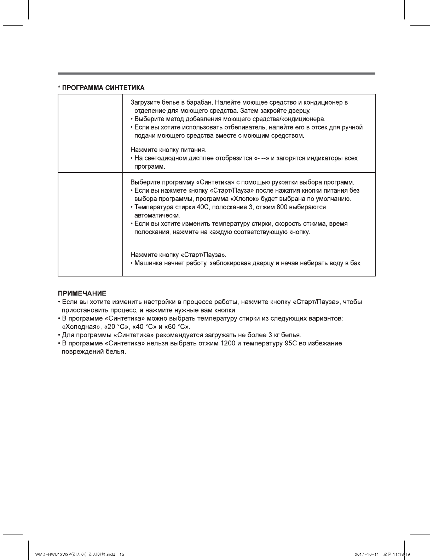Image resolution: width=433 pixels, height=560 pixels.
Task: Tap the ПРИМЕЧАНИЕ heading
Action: tap(82, 293)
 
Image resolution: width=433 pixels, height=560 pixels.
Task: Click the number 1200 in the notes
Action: tap(228, 343)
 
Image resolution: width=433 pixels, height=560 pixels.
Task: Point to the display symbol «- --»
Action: tap(261, 158)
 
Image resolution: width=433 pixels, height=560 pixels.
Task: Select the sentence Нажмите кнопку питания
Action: tap(168, 150)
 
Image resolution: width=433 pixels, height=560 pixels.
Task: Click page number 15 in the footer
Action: tap(122, 554)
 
